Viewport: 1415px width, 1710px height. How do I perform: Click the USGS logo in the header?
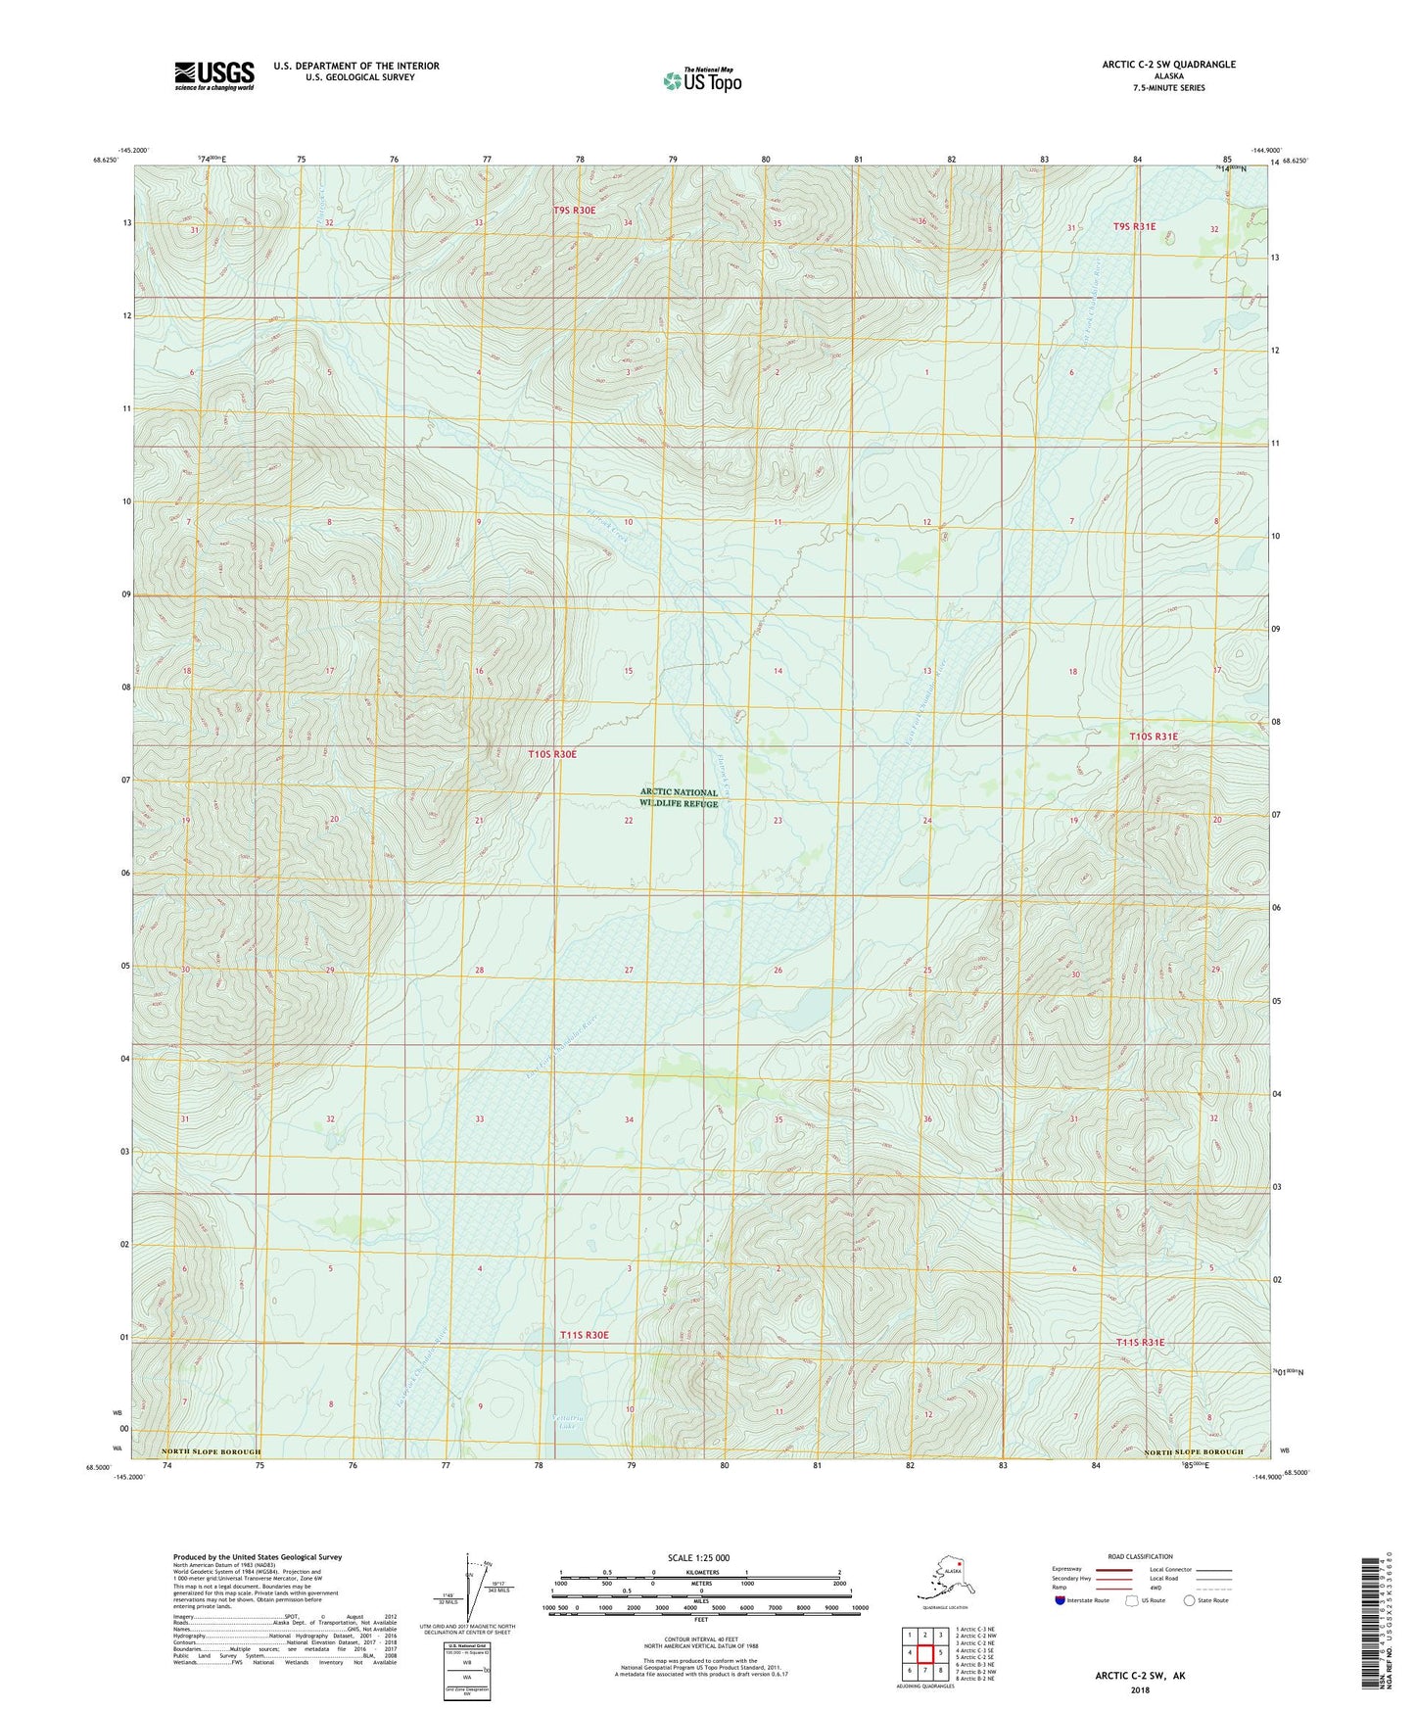click(213, 75)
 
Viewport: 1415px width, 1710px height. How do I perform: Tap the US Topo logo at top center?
click(702, 80)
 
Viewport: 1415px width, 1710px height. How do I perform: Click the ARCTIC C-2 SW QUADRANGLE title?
click(1168, 65)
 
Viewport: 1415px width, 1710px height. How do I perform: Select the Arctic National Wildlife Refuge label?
click(679, 798)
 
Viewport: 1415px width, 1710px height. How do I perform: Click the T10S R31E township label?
click(1154, 736)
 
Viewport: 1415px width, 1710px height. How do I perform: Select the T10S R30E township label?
click(552, 754)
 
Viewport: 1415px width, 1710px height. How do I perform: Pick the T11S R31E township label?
click(1140, 1342)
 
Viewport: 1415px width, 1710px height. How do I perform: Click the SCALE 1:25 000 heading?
click(699, 1557)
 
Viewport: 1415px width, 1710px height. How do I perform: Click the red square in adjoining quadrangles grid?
click(924, 1652)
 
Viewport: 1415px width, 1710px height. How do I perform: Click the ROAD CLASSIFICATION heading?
click(1140, 1556)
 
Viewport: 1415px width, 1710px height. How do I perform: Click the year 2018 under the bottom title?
click(1139, 1689)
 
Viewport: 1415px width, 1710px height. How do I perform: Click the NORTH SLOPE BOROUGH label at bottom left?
click(211, 1451)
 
